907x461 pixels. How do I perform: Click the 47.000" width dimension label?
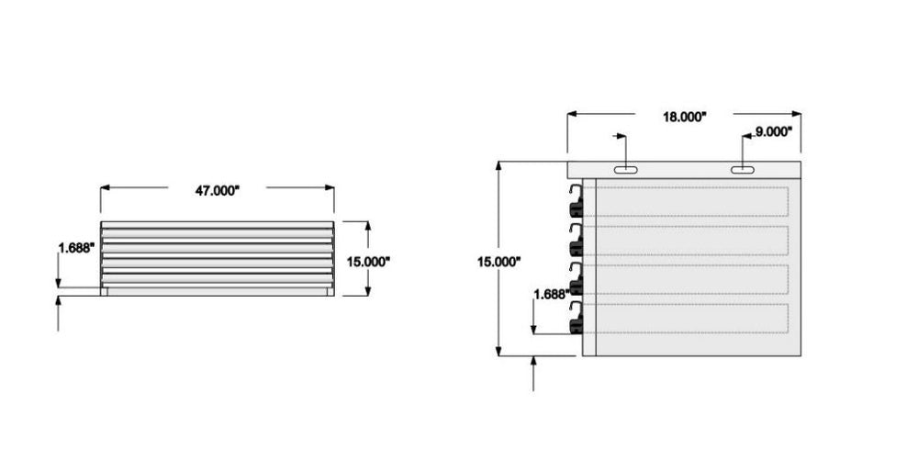coord(217,191)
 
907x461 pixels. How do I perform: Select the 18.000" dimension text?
coord(685,117)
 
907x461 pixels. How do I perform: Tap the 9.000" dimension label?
coord(772,132)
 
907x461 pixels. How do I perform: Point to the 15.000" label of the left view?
coord(368,261)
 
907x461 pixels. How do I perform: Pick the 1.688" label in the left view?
coord(76,248)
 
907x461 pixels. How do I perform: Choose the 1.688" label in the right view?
coord(551,294)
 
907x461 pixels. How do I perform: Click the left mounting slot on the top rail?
coord(624,170)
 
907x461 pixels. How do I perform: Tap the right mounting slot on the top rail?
coord(743,170)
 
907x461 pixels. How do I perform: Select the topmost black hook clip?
coord(577,202)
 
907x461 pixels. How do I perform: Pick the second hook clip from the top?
coord(577,241)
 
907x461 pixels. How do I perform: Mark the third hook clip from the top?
coord(577,279)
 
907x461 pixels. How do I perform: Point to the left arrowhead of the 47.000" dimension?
coord(105,187)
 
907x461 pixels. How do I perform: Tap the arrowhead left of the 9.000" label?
coord(745,134)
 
